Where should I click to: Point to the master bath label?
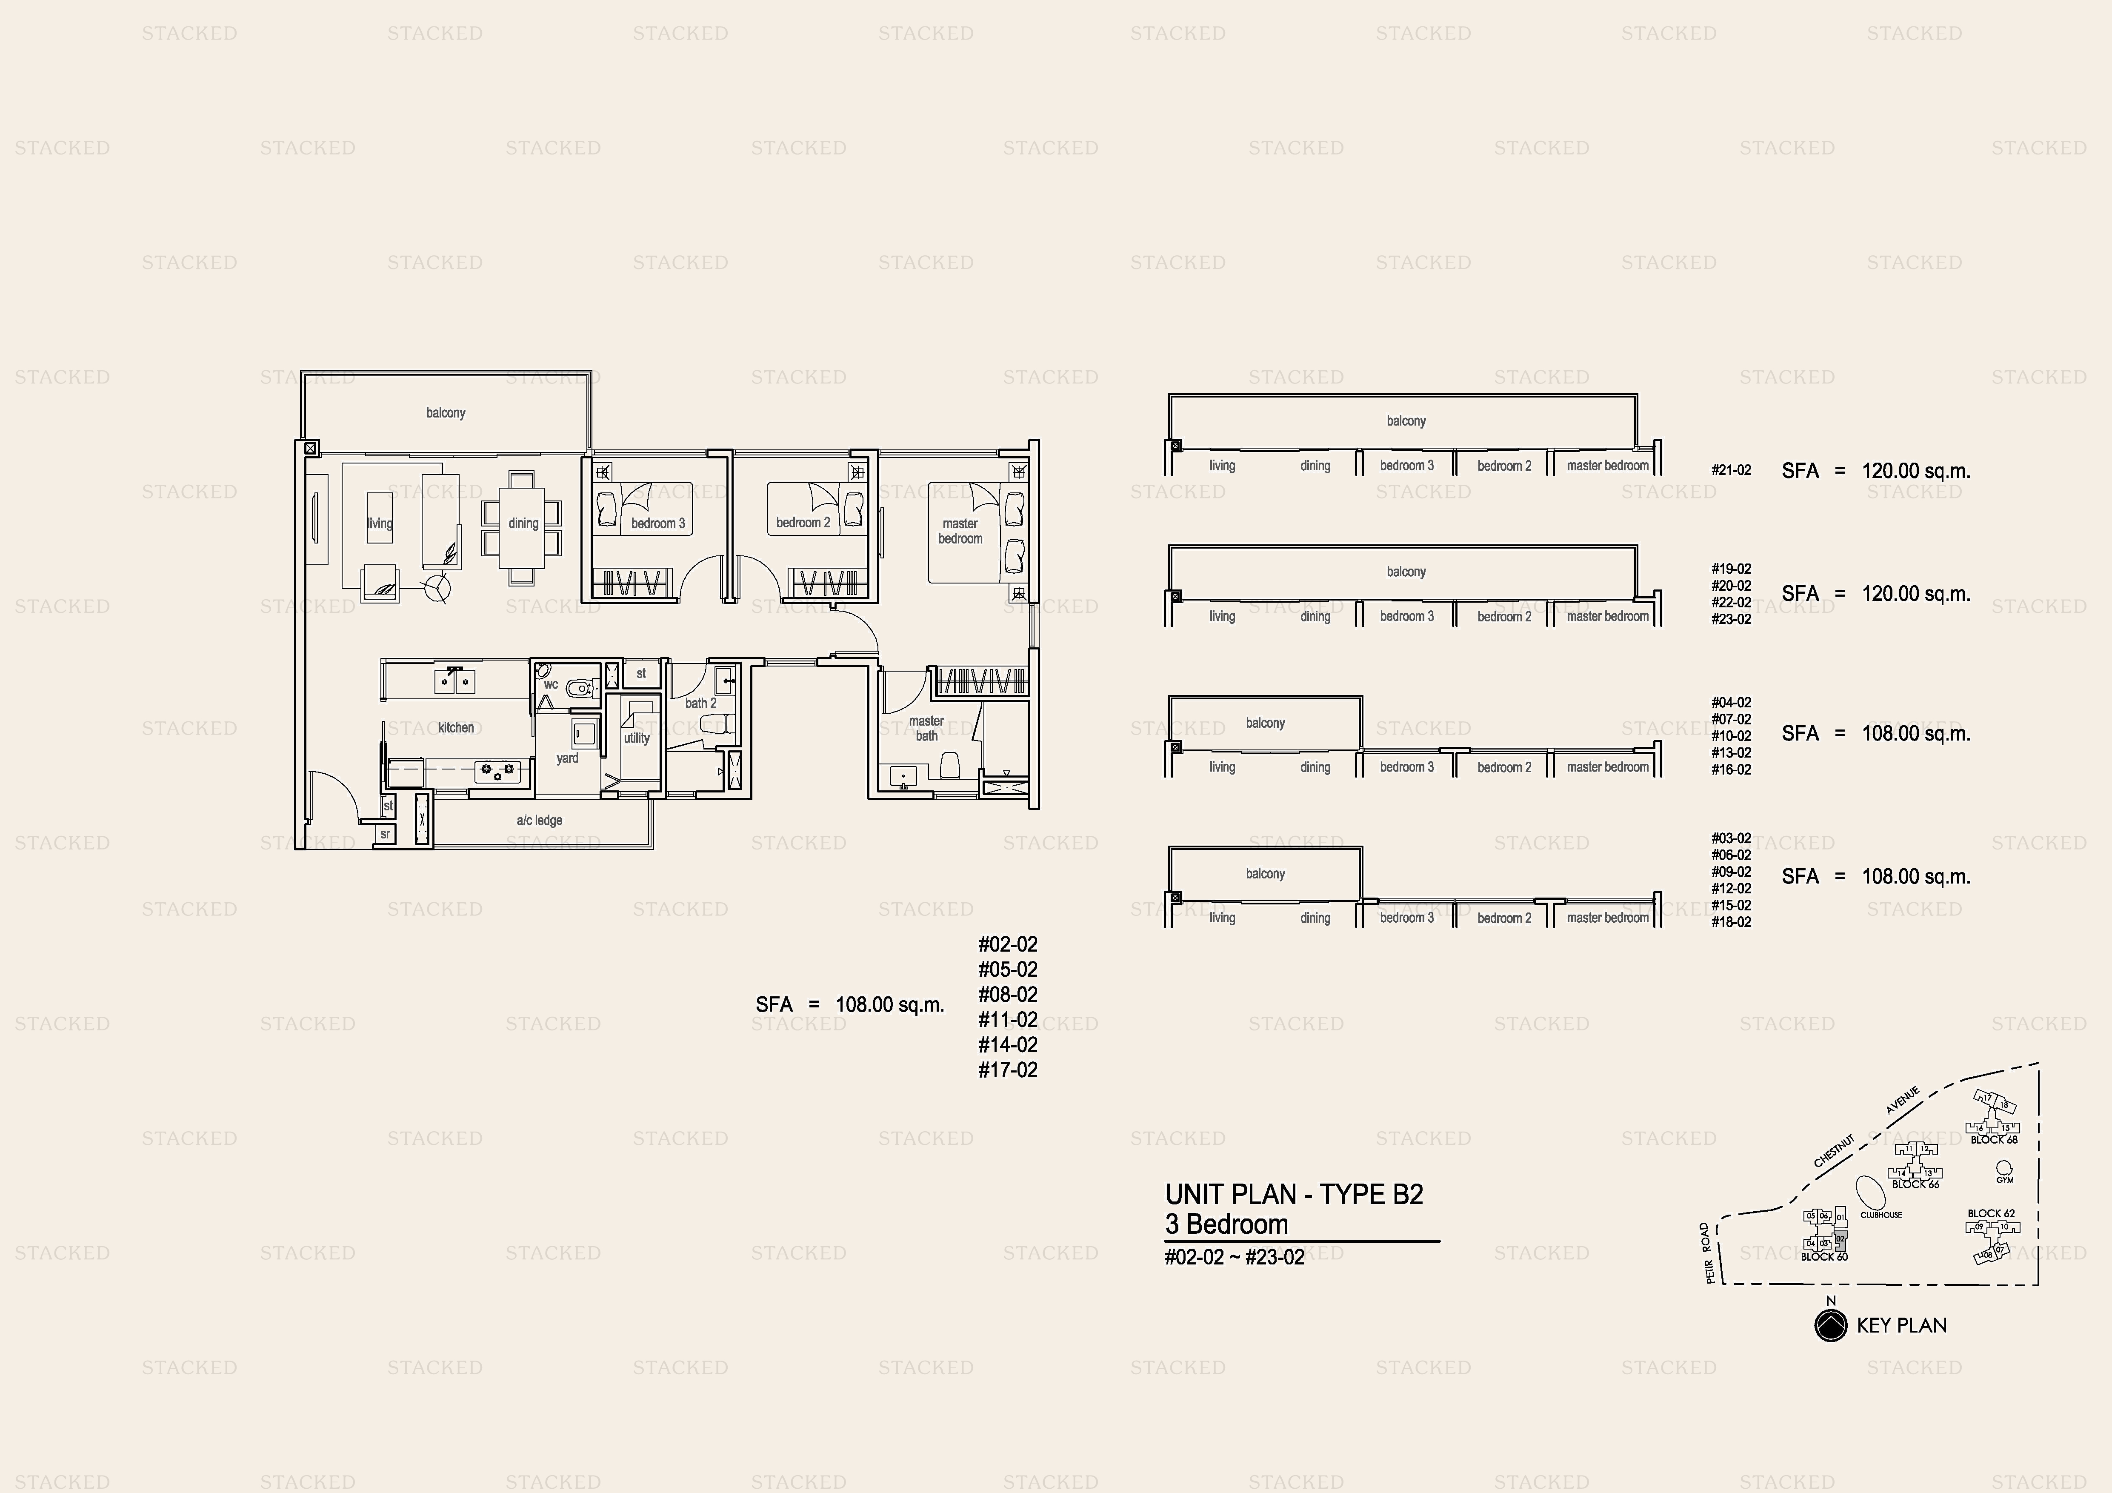pos(926,729)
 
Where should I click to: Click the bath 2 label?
pos(700,704)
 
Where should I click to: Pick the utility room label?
pos(637,738)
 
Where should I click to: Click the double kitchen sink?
pos(454,682)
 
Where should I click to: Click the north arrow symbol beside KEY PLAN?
pos(1831,1326)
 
